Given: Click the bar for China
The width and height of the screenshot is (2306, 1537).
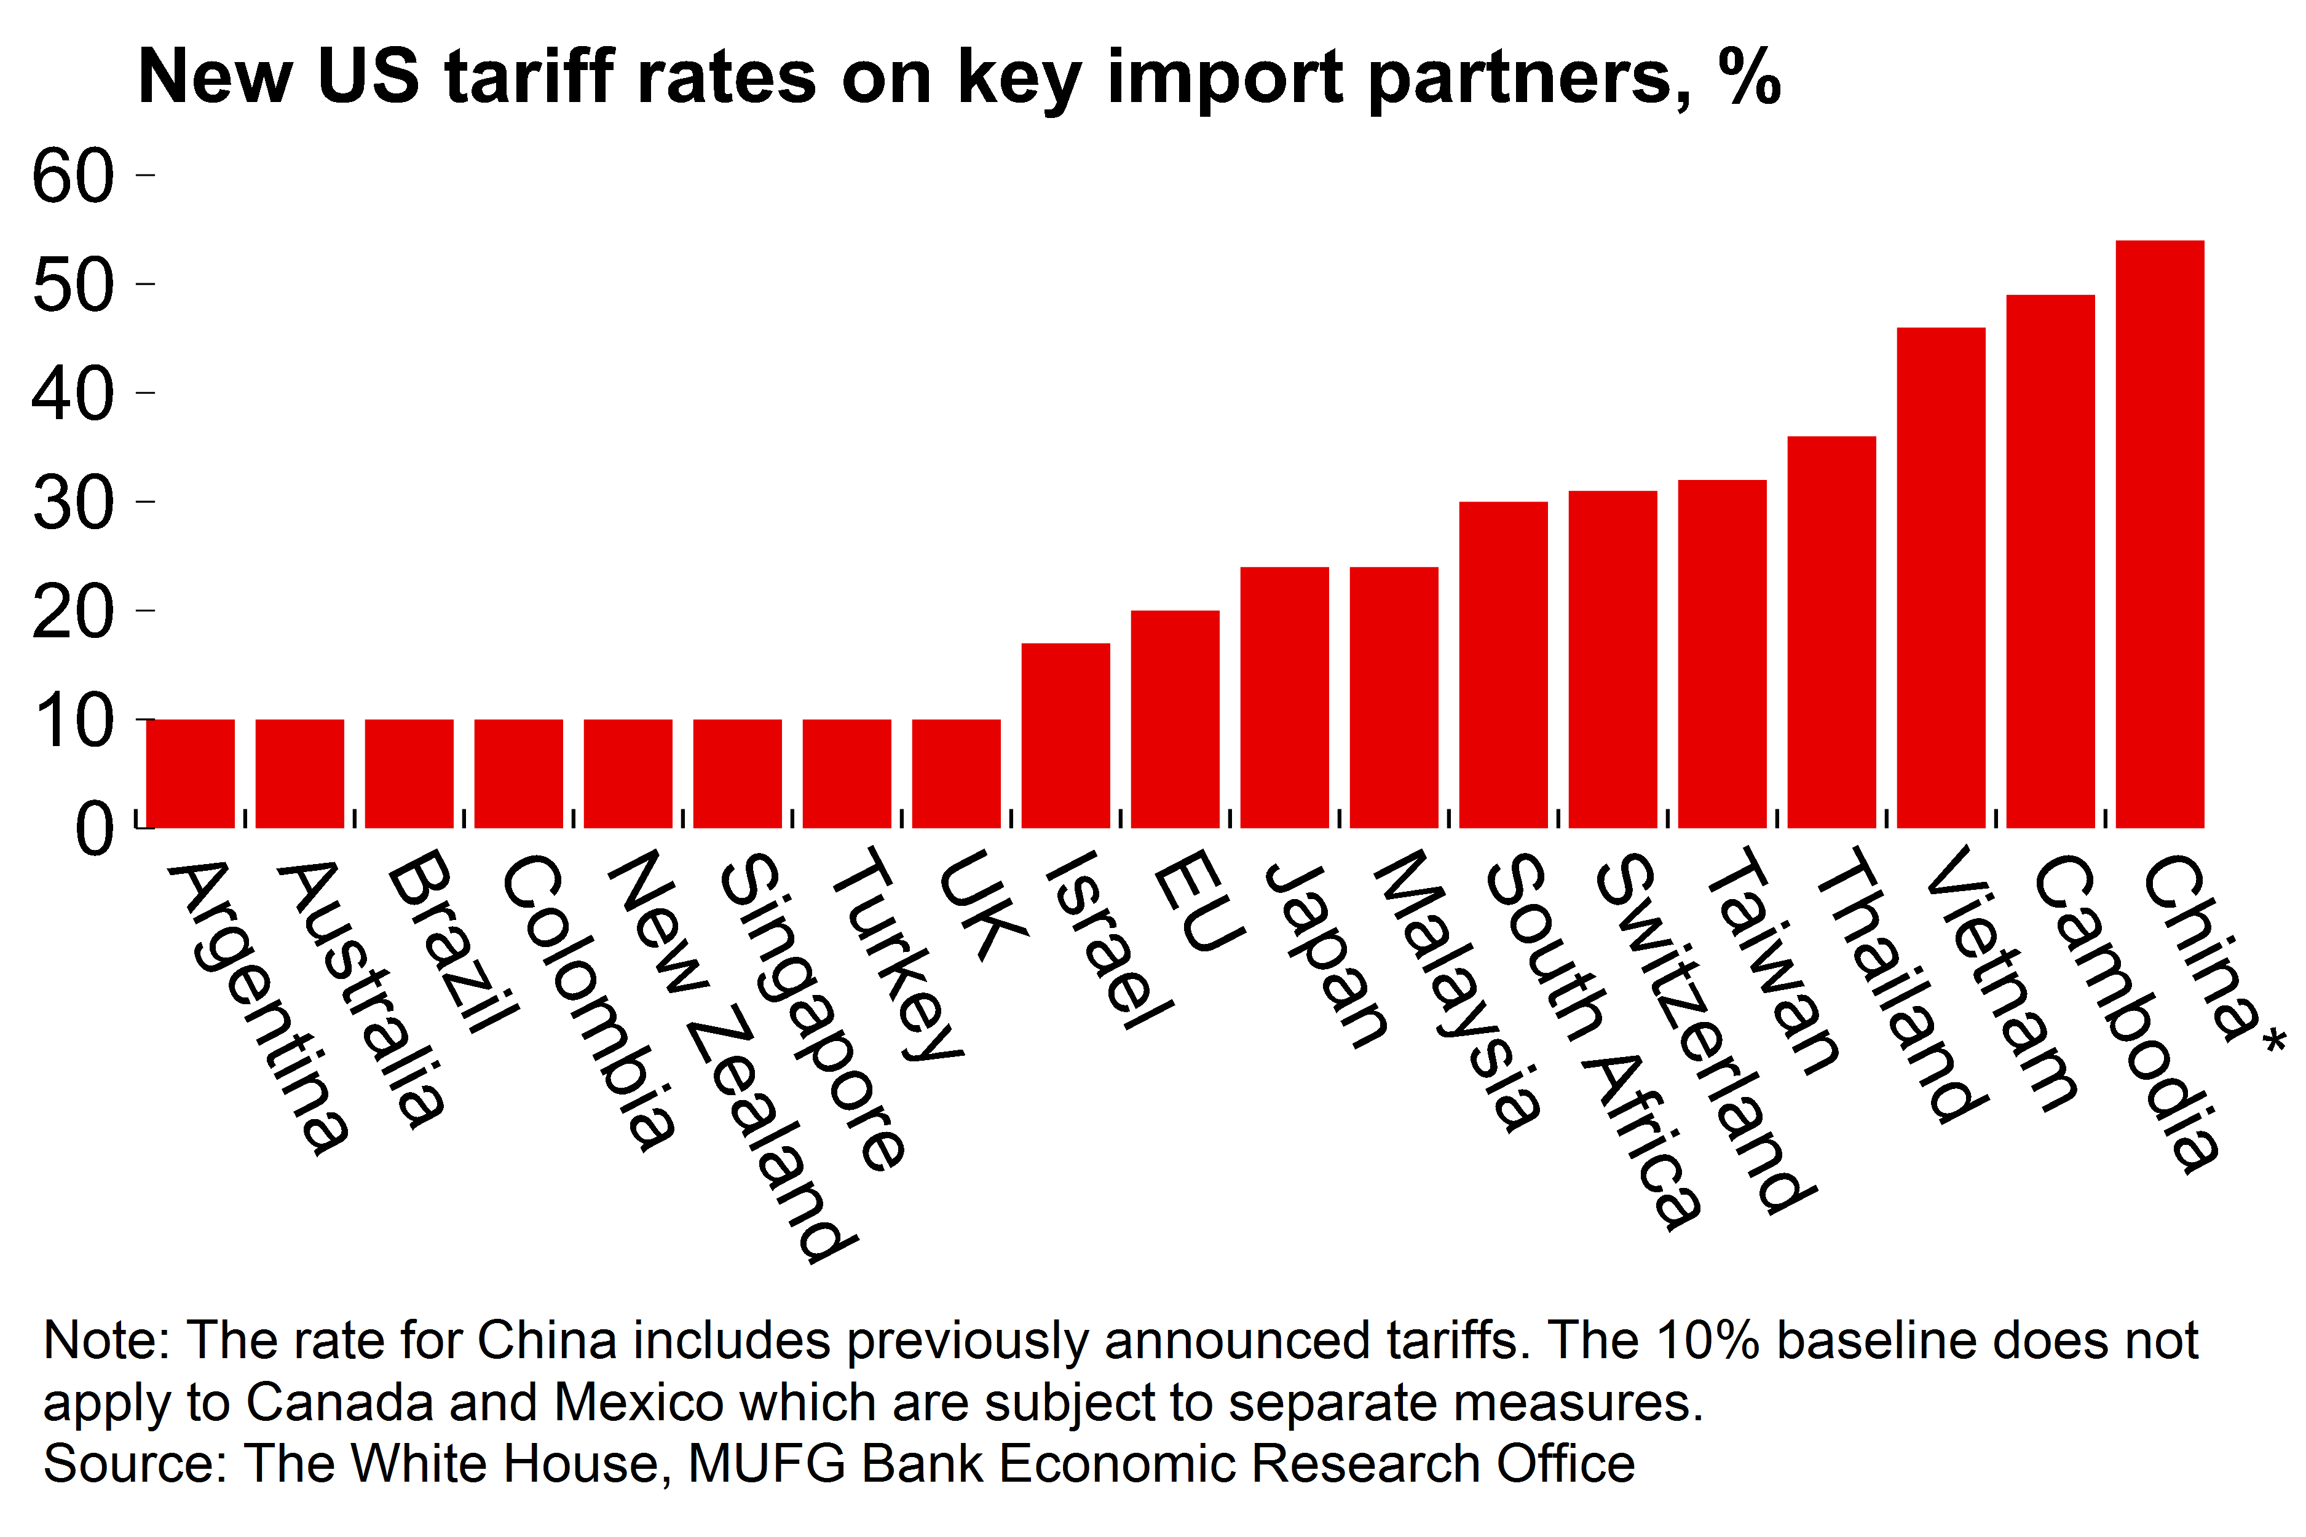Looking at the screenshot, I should click(x=2160, y=534).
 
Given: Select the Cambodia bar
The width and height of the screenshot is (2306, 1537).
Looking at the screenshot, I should click(x=2050, y=562).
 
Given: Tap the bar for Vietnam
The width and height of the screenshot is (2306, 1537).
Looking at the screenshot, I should click(x=1941, y=578).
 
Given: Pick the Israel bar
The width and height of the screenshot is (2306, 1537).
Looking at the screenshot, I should click(x=1066, y=735).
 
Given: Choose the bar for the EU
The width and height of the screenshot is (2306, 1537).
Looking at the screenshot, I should click(x=1175, y=720).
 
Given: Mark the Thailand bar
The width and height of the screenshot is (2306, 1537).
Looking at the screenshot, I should click(x=1831, y=632).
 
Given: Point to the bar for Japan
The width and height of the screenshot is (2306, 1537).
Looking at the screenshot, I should click(x=1284, y=698).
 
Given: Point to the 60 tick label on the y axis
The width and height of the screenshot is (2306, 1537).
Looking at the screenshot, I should click(x=73, y=176).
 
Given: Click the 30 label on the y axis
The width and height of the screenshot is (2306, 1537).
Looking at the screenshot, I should click(x=73, y=504).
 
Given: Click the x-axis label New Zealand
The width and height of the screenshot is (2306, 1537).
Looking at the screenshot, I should click(x=730, y=1054).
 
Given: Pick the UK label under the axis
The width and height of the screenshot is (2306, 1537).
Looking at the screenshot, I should click(x=981, y=906).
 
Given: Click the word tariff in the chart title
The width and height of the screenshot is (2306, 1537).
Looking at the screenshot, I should click(x=529, y=76).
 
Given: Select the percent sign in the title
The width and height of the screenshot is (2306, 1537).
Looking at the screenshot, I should click(x=1750, y=76).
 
